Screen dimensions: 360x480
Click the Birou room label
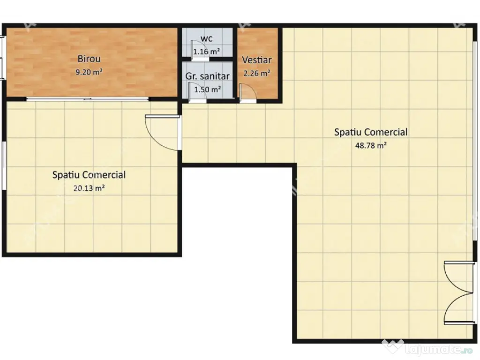pos(89,59)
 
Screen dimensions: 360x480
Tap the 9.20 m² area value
pos(89,72)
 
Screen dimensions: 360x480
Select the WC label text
pos(207,38)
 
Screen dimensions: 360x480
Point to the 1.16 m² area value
pos(207,52)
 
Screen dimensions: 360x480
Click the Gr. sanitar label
pos(207,76)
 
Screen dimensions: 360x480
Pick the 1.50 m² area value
pos(208,89)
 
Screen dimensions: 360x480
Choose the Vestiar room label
pos(256,60)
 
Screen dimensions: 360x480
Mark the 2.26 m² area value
pos(256,73)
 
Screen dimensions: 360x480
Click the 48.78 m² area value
pos(370,145)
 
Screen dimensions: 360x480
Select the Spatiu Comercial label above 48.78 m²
pos(370,132)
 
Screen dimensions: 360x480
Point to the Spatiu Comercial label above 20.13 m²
pos(89,175)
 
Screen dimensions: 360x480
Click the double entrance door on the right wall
pos(458,293)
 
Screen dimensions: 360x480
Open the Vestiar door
pos(247,93)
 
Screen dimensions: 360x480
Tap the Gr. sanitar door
pos(194,93)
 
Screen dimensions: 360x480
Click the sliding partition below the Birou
pos(88,99)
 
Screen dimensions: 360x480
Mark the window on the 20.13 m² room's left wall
pos(3,166)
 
